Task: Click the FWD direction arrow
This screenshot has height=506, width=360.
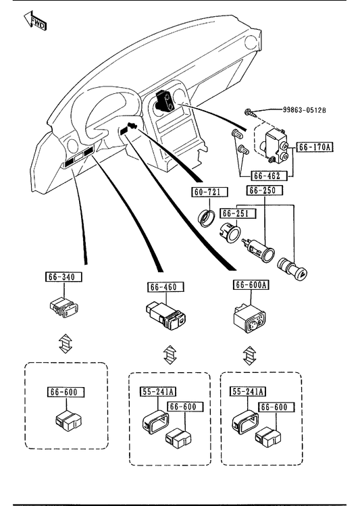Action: pos(35,22)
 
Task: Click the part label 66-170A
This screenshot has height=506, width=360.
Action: pos(315,147)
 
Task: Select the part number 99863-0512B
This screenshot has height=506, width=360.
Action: pos(305,110)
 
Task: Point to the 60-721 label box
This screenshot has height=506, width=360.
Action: pos(210,192)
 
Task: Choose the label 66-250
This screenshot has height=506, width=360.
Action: pos(265,190)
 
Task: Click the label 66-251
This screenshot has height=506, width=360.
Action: pos(238,213)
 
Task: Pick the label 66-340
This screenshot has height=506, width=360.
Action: pos(63,277)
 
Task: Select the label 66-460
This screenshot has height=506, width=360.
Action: pos(166,287)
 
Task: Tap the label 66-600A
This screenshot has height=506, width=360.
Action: pos(251,284)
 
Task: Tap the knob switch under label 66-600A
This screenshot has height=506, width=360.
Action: pos(249,318)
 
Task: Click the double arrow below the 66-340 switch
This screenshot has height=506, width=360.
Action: pos(66,343)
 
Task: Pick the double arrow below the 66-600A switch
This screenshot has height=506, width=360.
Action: pos(249,355)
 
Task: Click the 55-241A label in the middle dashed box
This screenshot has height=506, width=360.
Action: pos(158,391)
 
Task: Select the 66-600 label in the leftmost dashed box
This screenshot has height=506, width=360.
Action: pos(66,392)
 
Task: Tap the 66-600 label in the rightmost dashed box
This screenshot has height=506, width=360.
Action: pos(276,407)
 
